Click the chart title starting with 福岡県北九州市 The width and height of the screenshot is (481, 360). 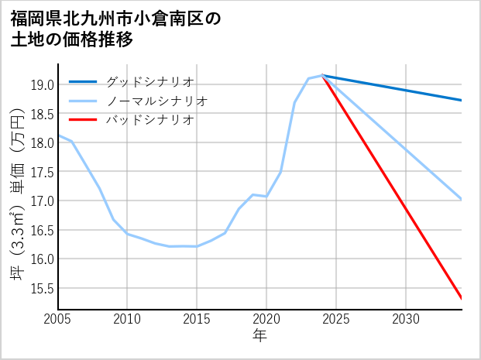pyautogui.click(x=116, y=29)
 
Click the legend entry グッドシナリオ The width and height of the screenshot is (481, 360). pyautogui.click(x=149, y=81)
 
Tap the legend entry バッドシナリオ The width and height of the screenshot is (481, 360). pyautogui.click(x=149, y=120)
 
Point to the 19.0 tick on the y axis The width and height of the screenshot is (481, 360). pyautogui.click(x=41, y=84)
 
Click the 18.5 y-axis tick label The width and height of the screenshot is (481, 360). pyautogui.click(x=41, y=114)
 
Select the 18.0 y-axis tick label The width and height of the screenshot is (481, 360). pyautogui.click(x=41, y=142)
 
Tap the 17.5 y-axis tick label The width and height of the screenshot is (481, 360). pyautogui.click(x=41, y=172)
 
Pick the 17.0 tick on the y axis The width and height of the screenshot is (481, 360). pyautogui.click(x=41, y=201)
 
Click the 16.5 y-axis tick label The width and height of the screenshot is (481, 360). pyautogui.click(x=41, y=230)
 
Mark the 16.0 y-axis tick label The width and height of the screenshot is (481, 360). pyautogui.click(x=41, y=259)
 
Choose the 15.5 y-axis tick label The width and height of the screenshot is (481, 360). pyautogui.click(x=41, y=288)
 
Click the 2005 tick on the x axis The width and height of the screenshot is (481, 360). pyautogui.click(x=57, y=319)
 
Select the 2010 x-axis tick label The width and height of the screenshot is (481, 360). pyautogui.click(x=127, y=319)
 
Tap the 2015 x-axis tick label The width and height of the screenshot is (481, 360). pyautogui.click(x=197, y=319)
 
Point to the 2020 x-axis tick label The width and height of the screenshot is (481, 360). pyautogui.click(x=266, y=319)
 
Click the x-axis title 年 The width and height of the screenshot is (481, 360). pyautogui.click(x=259, y=336)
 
